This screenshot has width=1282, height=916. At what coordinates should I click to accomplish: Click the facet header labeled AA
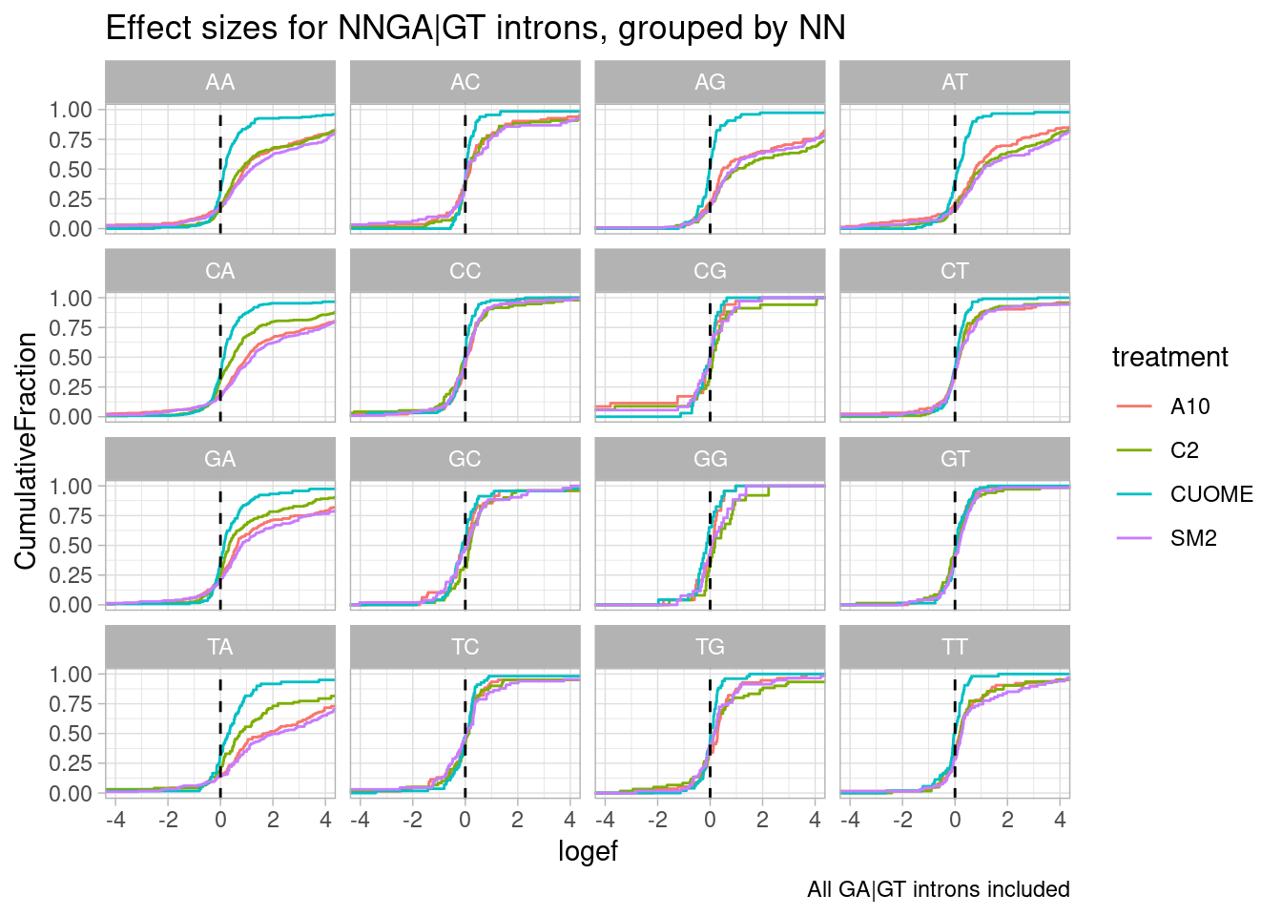coord(219,82)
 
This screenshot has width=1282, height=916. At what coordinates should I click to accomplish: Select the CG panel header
coord(710,271)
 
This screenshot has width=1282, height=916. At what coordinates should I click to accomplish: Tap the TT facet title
coord(954,647)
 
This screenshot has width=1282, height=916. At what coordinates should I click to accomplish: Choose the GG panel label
coord(710,459)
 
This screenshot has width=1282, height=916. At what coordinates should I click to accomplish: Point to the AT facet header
coord(954,82)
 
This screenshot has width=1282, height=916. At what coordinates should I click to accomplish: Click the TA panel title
coord(219,647)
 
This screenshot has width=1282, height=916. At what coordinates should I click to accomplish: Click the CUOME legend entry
coord(1210,494)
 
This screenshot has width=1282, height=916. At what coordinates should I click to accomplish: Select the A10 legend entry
coord(1189,406)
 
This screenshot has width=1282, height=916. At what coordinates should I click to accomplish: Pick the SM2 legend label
coord(1193,538)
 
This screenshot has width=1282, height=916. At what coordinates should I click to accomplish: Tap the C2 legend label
coord(1184,450)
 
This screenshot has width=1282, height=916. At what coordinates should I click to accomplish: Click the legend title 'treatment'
coord(1169,357)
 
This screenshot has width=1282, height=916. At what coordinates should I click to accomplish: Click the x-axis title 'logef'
coord(588,851)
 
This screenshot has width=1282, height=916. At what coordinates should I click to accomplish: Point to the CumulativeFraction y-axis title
coord(26,450)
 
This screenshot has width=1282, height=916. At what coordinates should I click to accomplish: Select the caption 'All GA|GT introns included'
coord(938,889)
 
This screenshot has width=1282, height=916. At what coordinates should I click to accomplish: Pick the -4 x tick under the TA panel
coord(114,820)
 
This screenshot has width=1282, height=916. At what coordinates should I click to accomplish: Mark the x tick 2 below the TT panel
coord(1007,820)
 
